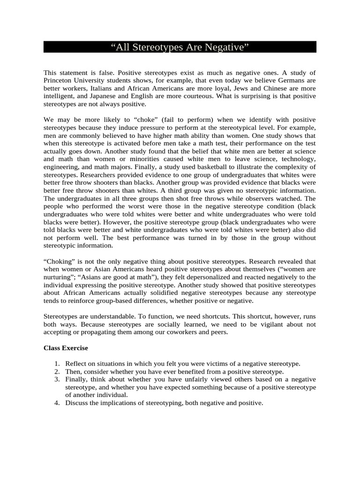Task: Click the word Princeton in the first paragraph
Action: tap(60, 80)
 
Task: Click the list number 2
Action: tap(57, 372)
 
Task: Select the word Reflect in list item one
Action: tap(75, 364)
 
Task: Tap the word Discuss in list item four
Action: tap(76, 403)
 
